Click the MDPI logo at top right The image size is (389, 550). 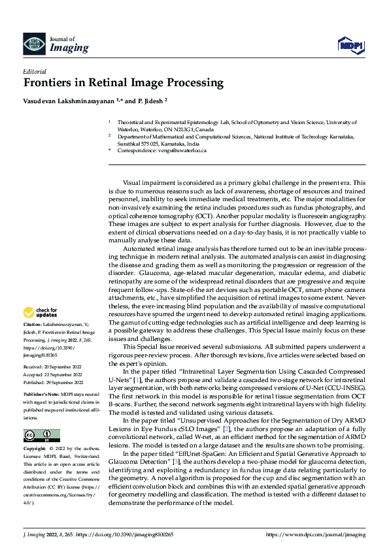(349, 44)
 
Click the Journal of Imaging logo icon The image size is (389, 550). (33, 44)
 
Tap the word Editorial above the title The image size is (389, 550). (34, 71)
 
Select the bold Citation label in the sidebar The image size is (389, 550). (33, 324)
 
